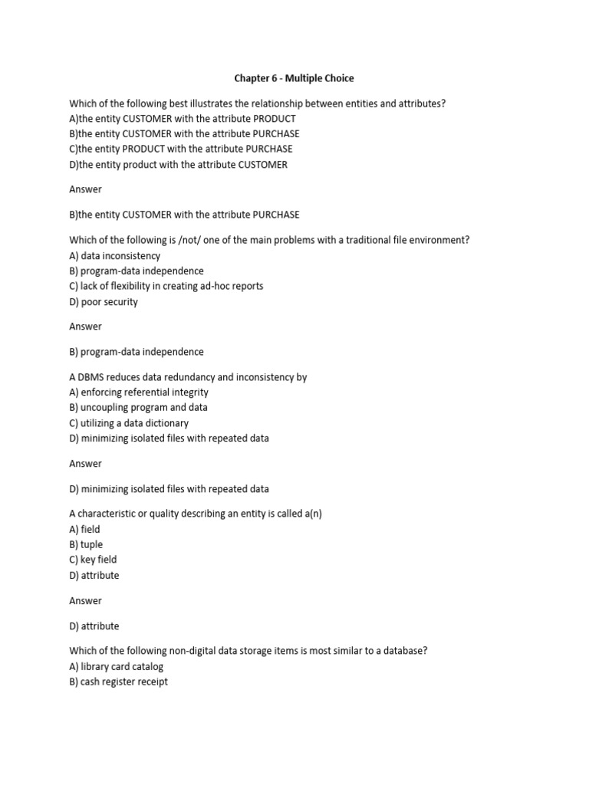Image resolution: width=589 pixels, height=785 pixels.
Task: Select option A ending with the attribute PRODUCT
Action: [x=183, y=119]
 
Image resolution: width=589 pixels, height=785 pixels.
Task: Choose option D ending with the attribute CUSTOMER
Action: [x=179, y=165]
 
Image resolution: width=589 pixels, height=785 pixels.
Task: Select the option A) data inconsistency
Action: [x=115, y=256]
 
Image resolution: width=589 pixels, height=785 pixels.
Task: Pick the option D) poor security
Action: [x=104, y=301]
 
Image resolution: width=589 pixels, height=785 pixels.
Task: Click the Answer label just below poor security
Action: [x=85, y=327]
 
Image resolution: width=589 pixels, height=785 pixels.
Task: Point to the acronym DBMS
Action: [x=92, y=377]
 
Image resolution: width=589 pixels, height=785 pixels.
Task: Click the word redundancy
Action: [x=181, y=377]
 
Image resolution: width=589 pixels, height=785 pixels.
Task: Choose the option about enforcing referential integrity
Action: [x=139, y=392]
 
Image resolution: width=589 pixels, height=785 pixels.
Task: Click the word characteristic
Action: [x=106, y=514]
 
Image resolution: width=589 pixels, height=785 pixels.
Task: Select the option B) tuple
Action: [x=86, y=544]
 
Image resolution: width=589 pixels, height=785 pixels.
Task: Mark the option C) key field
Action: [x=93, y=560]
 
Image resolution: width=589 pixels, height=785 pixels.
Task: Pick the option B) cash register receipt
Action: [x=118, y=682]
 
